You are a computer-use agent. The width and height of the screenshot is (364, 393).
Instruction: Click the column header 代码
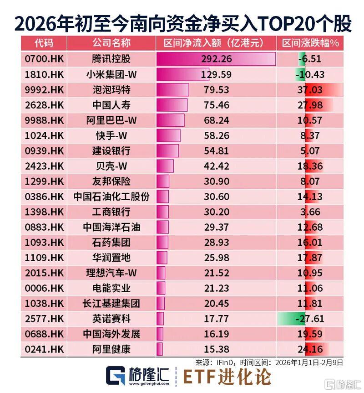(44, 43)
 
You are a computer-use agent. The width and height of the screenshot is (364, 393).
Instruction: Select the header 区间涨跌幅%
(311, 43)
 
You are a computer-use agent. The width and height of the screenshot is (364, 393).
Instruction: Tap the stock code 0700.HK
(44, 59)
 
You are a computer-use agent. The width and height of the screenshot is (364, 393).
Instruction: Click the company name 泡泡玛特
(111, 89)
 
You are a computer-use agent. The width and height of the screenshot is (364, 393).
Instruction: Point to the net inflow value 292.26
(217, 59)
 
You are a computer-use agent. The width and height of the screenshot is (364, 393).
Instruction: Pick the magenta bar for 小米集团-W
(180, 74)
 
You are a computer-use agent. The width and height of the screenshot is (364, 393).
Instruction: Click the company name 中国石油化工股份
(111, 196)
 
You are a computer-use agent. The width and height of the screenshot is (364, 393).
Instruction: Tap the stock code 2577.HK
(44, 319)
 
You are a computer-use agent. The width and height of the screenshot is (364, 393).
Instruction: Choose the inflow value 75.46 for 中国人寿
(217, 105)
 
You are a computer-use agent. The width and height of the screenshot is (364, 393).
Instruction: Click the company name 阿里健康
(111, 349)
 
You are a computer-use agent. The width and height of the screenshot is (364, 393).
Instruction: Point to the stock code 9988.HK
(44, 120)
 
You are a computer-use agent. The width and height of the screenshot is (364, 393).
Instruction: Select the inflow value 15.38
(217, 349)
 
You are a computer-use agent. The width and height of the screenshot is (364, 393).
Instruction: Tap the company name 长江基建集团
(111, 303)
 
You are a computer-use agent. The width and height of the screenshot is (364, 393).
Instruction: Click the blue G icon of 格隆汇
(116, 376)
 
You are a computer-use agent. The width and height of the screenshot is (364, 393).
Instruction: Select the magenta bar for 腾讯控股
(216, 59)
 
